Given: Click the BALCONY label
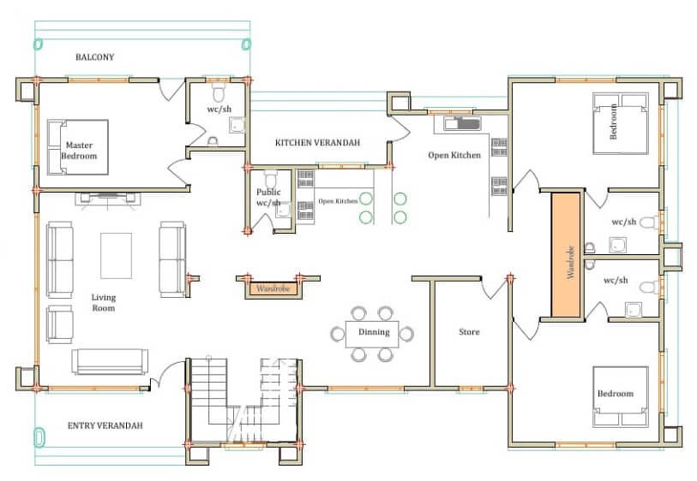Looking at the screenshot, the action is pyautogui.click(x=94, y=57).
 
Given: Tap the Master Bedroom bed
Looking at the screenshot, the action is pyautogui.click(x=78, y=147).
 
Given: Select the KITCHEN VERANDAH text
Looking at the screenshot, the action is pyautogui.click(x=317, y=143).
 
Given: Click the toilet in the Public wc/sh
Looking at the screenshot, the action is pyautogui.click(x=271, y=179).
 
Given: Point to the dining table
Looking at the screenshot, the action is pyautogui.click(x=372, y=334).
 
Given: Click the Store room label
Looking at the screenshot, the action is pyautogui.click(x=469, y=332).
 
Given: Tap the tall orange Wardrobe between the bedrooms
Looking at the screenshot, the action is pyautogui.click(x=567, y=255).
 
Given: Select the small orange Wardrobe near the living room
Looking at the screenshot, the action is pyautogui.click(x=273, y=289).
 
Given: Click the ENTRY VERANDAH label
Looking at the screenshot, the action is pyautogui.click(x=105, y=425).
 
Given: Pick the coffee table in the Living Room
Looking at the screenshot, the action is pyautogui.click(x=116, y=256).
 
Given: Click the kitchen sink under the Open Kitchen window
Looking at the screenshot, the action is pyautogui.click(x=462, y=123).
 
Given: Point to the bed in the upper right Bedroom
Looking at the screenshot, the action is pyautogui.click(x=621, y=123).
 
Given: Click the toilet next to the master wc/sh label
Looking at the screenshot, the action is pyautogui.click(x=219, y=92).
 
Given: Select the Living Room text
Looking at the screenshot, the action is pyautogui.click(x=104, y=303).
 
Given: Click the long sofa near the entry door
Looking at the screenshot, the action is pyautogui.click(x=110, y=362).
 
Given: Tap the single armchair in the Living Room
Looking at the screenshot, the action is pyautogui.click(x=59, y=324).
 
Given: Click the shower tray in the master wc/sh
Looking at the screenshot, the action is pyautogui.click(x=237, y=126).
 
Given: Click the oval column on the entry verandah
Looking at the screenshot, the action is pyautogui.click(x=39, y=436).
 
